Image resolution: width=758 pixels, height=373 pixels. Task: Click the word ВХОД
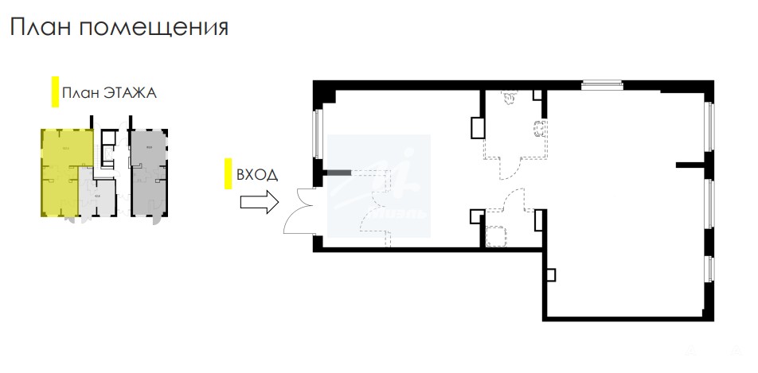click(256, 174)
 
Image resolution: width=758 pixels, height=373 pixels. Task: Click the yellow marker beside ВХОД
click(229, 173)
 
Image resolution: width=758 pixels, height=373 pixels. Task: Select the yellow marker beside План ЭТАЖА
click(54, 92)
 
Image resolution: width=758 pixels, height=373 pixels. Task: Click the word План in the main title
click(41, 28)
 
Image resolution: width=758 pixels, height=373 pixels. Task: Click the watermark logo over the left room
click(380, 186)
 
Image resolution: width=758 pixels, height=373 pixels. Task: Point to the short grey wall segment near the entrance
click(338, 172)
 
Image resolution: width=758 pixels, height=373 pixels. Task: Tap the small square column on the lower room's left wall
click(550, 274)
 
